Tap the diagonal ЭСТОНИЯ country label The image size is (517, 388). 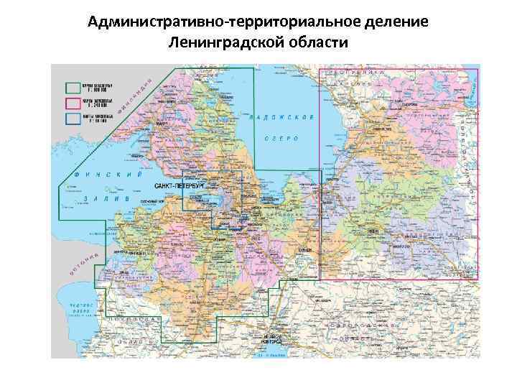pyautogui.click(x=83, y=266)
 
